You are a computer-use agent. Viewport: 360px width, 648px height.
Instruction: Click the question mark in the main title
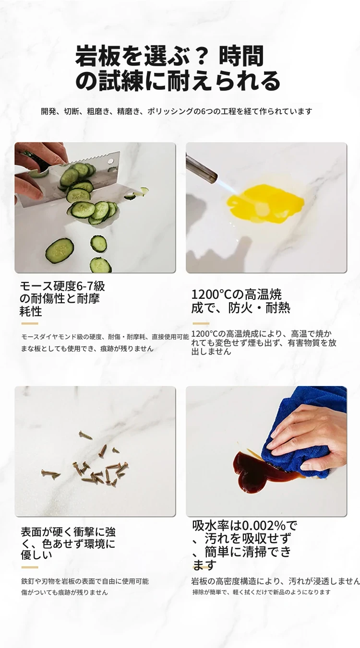[x=197, y=56]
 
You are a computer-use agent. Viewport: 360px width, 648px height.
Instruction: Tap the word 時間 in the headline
[x=241, y=56]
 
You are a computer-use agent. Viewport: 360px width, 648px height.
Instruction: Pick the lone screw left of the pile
[x=51, y=473]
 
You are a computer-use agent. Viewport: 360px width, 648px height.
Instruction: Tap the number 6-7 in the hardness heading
[x=85, y=286]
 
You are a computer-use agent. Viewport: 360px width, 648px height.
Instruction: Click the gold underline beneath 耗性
[x=29, y=323]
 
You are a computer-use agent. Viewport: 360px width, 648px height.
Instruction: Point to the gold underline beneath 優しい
[x=29, y=567]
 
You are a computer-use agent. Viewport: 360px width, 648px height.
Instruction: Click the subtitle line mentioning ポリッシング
[x=177, y=111]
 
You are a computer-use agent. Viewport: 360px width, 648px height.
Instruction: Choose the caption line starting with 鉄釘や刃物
[x=85, y=581]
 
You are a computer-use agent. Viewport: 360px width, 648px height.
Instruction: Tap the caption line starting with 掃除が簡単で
[x=262, y=592]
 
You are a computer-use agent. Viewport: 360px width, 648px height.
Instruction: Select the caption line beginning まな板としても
[x=87, y=349]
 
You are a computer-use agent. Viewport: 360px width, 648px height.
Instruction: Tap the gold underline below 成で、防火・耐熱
[x=201, y=323]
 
